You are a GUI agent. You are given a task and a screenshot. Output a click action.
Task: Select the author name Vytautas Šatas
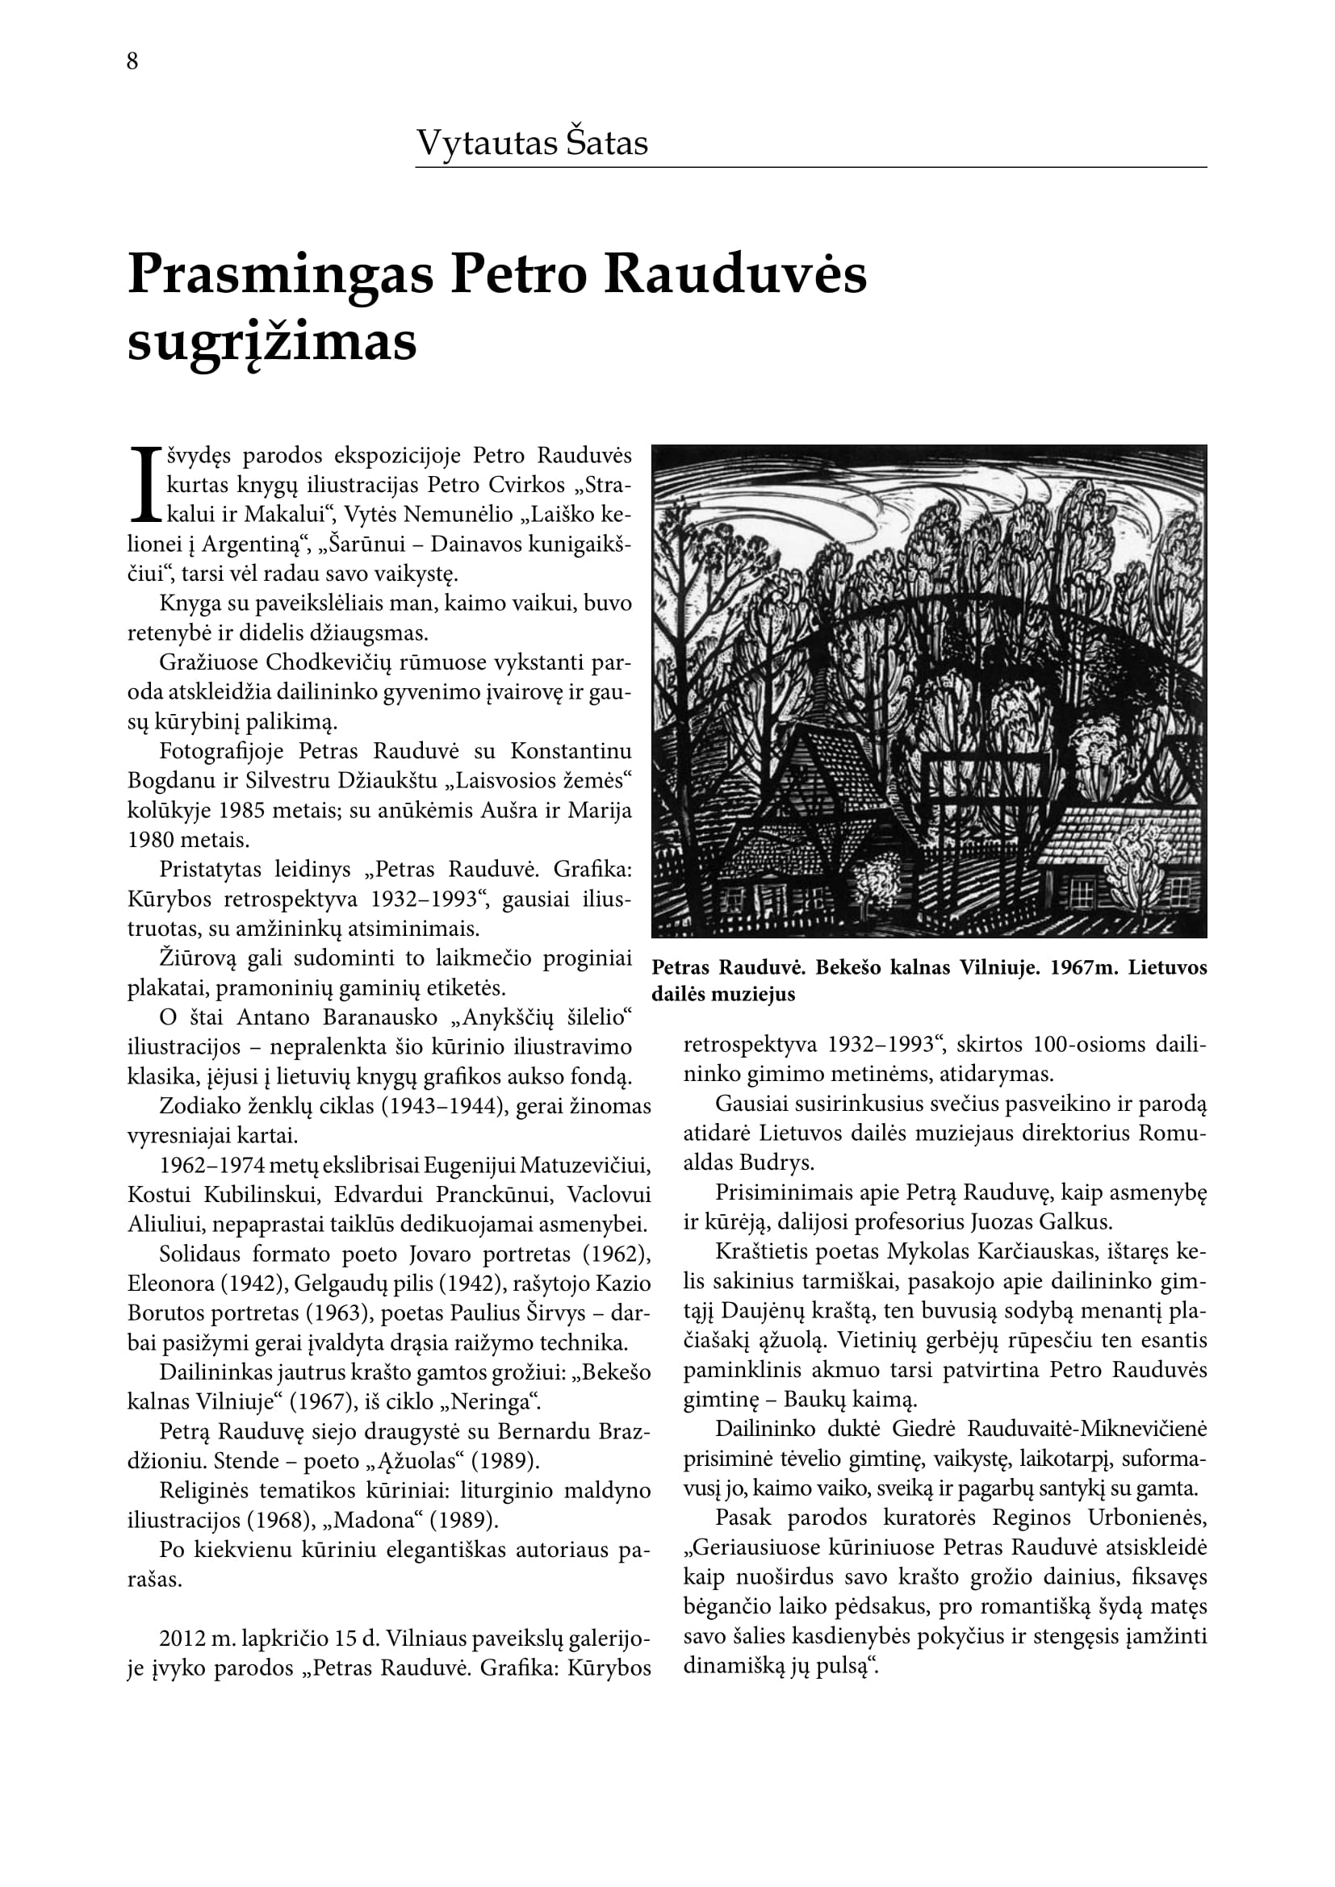(x=532, y=143)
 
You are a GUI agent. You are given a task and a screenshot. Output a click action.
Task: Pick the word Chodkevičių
(x=334, y=662)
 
